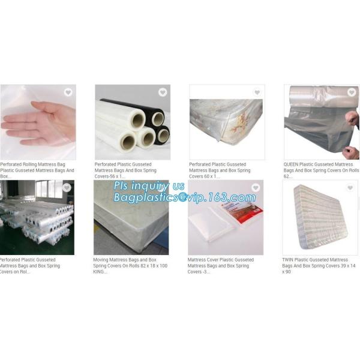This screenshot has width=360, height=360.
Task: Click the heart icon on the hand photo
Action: click(68, 92)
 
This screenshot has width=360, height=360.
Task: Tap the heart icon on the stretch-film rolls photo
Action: click(162, 92)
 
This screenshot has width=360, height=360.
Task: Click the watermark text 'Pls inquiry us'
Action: click(150, 186)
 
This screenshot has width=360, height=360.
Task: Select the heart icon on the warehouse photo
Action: click(67, 188)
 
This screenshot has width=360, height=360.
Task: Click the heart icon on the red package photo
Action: click(256, 188)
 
